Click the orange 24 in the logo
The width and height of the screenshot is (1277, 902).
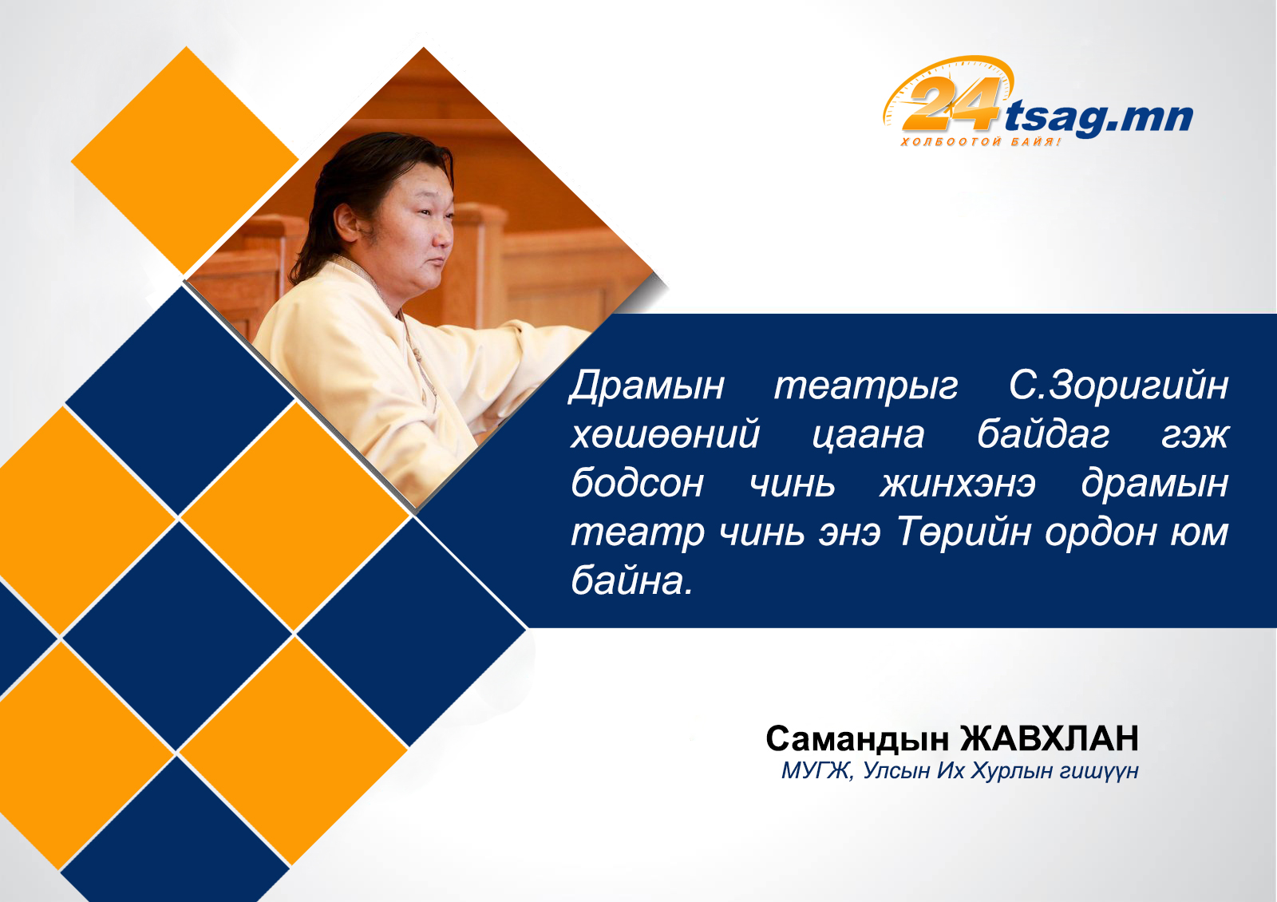tap(951, 104)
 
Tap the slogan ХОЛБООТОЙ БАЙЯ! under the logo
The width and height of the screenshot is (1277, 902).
tap(981, 141)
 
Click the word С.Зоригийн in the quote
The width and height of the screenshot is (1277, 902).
tap(1118, 386)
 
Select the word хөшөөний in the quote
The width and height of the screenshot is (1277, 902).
tap(666, 434)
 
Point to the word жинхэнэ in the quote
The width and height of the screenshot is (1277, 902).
tap(957, 484)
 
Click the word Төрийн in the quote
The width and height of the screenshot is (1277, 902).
tap(964, 532)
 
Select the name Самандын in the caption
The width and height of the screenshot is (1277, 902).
tap(857, 739)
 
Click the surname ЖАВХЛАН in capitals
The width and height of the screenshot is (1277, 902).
tap(1050, 738)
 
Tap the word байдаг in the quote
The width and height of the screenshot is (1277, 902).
tap(1043, 434)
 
